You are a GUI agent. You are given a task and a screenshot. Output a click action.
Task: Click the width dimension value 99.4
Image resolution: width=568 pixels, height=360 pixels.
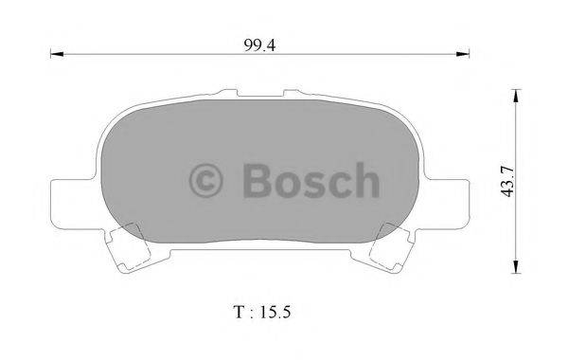257,43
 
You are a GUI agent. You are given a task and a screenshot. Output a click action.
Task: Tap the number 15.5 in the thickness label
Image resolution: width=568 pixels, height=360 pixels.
289,311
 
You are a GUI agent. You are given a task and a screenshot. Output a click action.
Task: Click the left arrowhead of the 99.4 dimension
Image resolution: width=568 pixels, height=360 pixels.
55,57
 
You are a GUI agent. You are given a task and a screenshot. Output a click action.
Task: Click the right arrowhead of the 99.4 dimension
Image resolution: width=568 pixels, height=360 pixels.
466,57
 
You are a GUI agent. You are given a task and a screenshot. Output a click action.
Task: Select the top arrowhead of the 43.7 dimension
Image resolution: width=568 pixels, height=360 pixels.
515,94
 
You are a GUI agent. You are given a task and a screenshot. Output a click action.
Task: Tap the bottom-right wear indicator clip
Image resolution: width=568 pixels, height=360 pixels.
391,246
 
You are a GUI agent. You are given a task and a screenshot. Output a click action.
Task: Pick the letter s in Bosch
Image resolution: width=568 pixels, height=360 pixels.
315,182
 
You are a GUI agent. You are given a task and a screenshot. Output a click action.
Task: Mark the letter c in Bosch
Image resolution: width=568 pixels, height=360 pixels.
339,182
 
